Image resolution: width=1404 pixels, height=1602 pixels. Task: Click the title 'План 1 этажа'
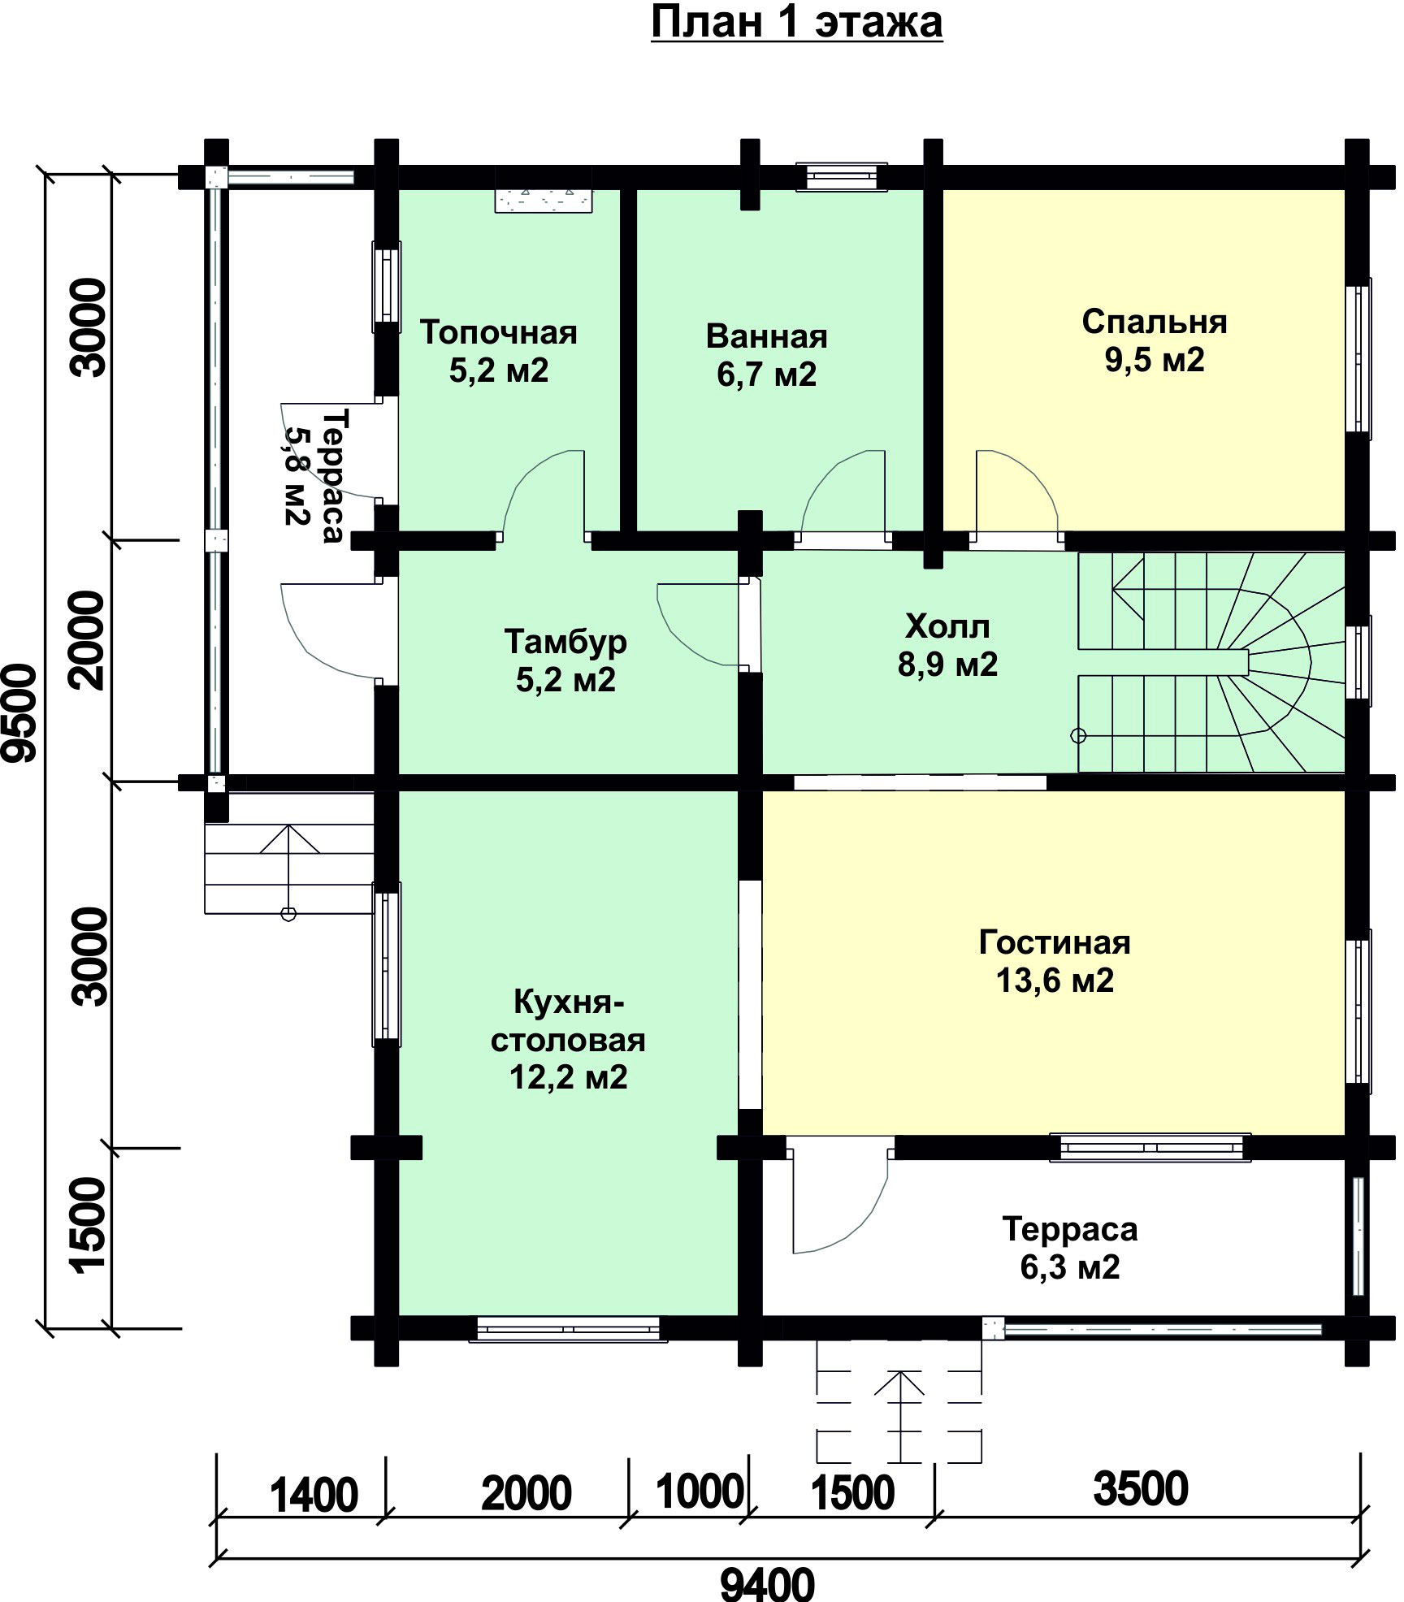coord(796,24)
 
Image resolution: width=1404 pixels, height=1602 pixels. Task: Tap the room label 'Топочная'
coord(499,333)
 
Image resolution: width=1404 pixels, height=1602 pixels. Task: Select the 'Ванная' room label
coord(766,336)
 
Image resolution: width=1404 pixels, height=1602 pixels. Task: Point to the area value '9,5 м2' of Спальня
coord(1154,359)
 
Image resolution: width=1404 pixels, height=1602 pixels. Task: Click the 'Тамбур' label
coord(565,642)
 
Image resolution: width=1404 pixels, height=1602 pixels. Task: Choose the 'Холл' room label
coord(947,627)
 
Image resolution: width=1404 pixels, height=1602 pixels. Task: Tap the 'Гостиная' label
coord(1055,942)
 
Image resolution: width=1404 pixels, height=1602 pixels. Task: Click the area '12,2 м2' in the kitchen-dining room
coord(569,1078)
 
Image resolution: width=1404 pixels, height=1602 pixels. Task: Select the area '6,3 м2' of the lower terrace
coord(1069,1267)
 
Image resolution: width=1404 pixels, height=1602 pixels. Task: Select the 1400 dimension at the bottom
coord(314,1496)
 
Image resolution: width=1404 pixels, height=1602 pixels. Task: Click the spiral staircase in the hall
coord(1211,663)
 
